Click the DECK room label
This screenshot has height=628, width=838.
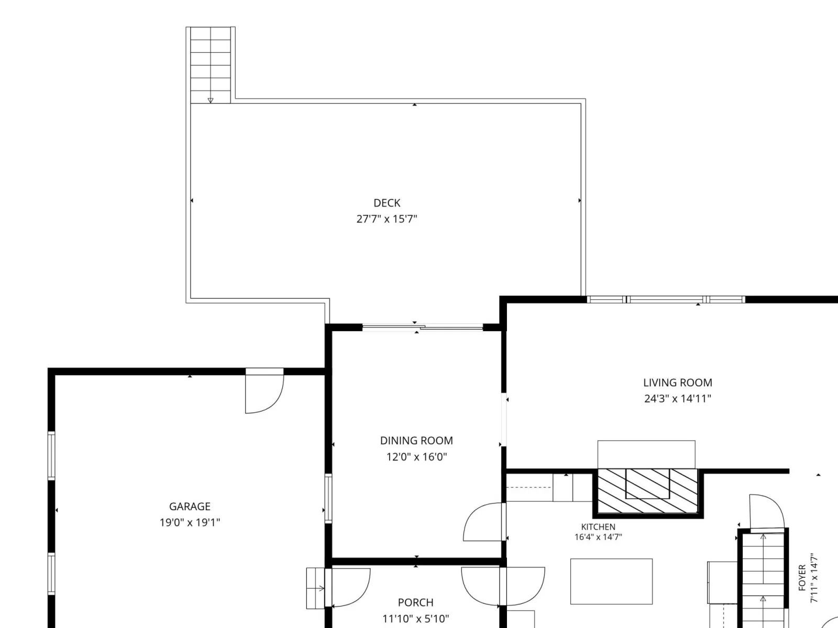387,203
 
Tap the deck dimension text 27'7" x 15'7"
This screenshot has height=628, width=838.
387,219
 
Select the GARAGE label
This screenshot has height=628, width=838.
190,507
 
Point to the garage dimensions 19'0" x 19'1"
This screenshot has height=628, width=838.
190,522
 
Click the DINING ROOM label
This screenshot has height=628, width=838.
416,441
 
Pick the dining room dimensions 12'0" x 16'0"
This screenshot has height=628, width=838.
416,457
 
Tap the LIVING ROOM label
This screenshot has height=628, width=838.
678,383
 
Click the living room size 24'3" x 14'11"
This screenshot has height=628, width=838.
678,399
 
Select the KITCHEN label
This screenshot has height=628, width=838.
598,527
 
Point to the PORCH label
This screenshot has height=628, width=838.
416,602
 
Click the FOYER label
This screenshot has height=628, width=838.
802,578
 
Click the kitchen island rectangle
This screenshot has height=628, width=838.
611,581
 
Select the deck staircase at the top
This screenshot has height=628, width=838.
211,65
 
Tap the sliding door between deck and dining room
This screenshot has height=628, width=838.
422,327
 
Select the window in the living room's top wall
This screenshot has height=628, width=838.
666,300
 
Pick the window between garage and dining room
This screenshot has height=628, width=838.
328,498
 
